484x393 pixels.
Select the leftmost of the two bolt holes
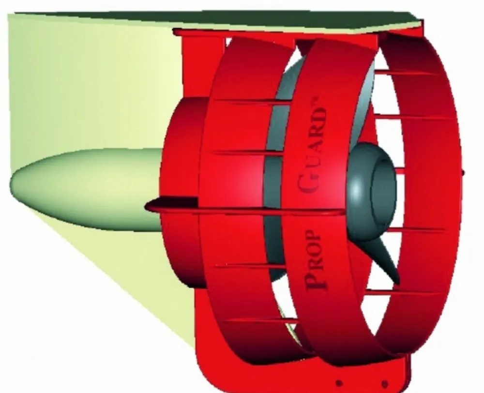pos(339,383)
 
